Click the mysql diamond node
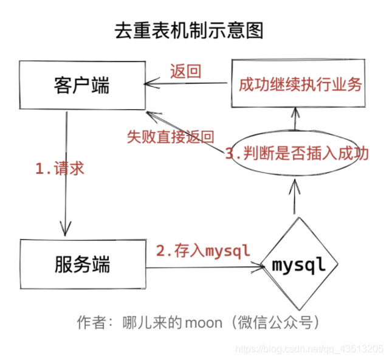tap(298, 265)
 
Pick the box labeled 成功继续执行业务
tap(300, 84)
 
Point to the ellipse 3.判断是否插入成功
tap(297, 153)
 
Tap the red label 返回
tap(185, 71)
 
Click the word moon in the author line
tap(207, 322)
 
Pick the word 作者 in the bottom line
tap(89, 322)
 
